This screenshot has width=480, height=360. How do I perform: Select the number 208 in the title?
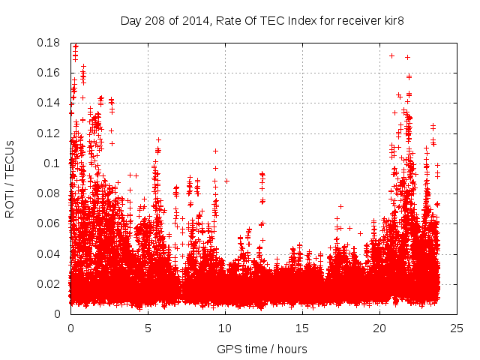[x=155, y=20]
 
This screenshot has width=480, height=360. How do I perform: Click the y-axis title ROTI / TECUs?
[x=10, y=178]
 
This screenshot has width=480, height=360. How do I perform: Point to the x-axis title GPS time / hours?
[x=262, y=349]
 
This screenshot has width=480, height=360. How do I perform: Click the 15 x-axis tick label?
[x=302, y=328]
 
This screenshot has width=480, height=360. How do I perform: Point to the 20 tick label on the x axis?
[x=379, y=328]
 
